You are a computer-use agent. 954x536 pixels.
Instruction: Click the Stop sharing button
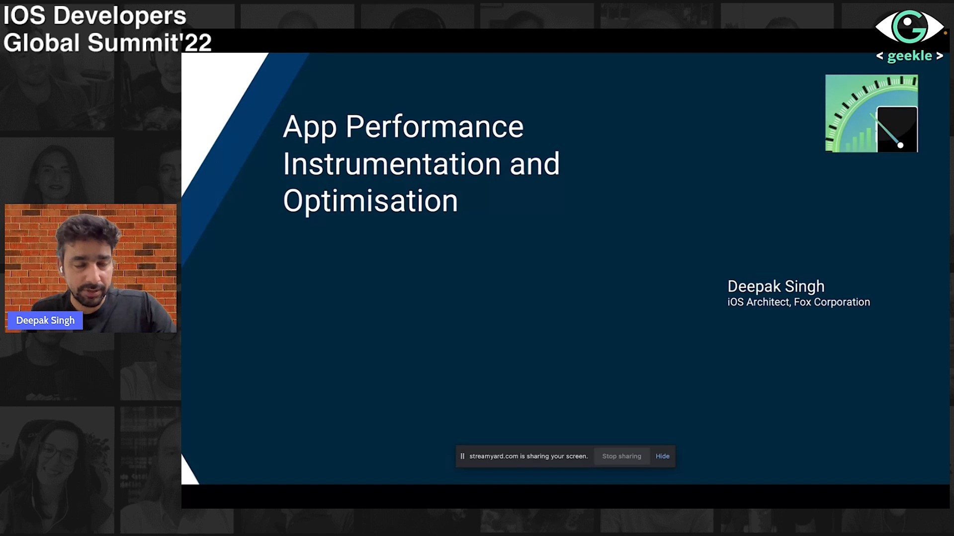click(621, 456)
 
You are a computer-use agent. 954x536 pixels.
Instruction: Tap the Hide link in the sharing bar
click(662, 456)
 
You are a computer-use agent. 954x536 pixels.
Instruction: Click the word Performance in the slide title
click(434, 127)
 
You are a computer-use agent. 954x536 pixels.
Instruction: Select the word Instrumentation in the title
click(392, 164)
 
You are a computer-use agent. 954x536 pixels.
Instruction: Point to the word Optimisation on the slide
click(370, 201)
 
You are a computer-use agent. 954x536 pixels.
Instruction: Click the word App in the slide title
click(310, 128)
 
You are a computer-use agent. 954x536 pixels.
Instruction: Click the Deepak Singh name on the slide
click(776, 287)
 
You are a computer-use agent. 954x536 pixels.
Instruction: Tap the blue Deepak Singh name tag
click(45, 320)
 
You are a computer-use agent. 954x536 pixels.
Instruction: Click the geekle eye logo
click(909, 27)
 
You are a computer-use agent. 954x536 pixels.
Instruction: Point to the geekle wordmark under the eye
click(910, 56)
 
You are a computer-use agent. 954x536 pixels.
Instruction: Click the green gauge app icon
click(871, 113)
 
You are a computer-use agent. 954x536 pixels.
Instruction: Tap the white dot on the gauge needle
click(900, 145)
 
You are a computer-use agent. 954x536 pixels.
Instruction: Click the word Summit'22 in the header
click(150, 43)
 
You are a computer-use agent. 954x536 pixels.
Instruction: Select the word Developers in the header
click(120, 16)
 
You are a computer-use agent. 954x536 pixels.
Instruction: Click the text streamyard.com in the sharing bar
click(494, 456)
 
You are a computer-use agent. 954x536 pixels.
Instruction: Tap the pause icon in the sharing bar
click(462, 456)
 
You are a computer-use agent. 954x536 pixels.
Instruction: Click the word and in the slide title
click(535, 164)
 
